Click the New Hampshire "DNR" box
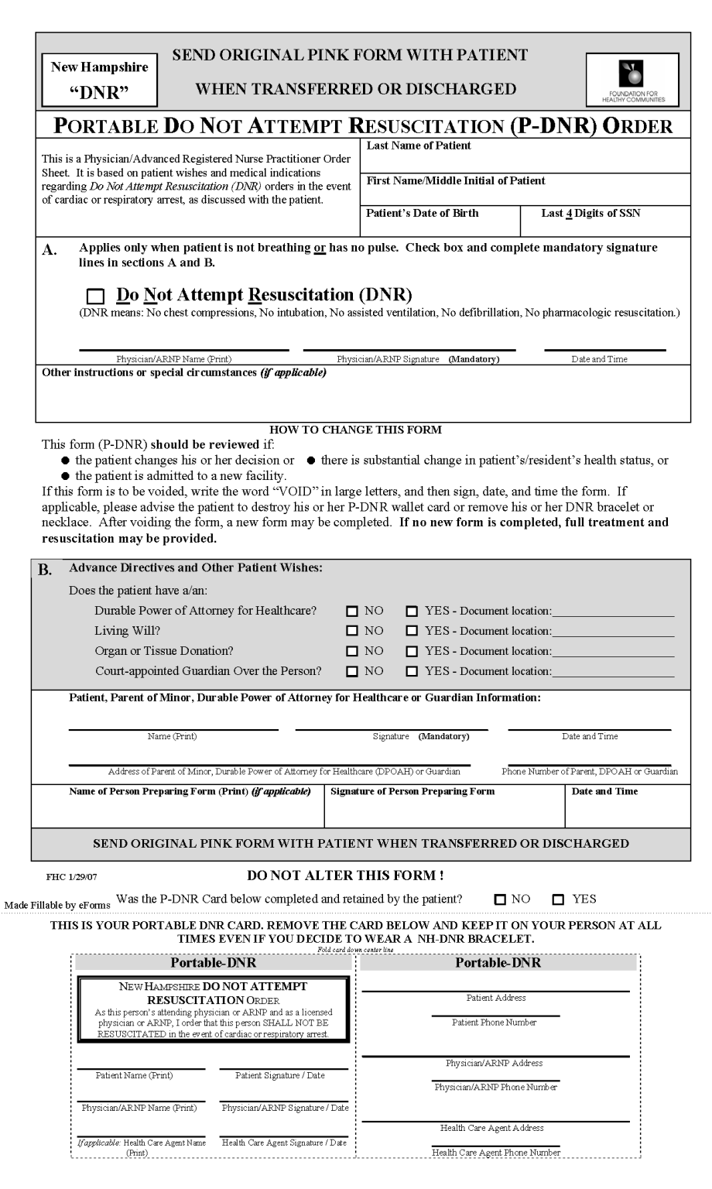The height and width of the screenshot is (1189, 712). [x=99, y=80]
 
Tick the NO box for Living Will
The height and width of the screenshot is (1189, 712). [x=352, y=631]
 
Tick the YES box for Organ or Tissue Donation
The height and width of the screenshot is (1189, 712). [x=412, y=651]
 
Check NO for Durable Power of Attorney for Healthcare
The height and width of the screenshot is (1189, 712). [x=352, y=611]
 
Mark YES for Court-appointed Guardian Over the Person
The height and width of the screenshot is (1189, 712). [x=412, y=671]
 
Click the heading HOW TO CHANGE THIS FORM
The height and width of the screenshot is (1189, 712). [x=355, y=430]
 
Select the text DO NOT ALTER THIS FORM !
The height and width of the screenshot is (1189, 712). [x=345, y=875]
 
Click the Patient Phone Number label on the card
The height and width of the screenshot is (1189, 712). [x=495, y=1023]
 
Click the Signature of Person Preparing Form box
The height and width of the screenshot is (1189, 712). [x=443, y=808]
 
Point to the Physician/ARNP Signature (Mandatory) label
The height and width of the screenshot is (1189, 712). [x=418, y=359]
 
